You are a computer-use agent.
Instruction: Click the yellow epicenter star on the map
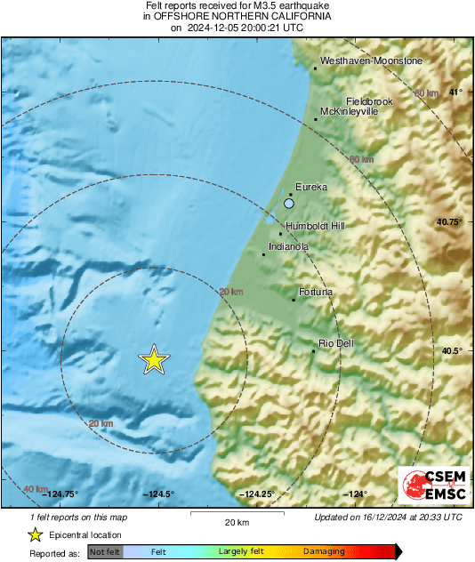point(154,359)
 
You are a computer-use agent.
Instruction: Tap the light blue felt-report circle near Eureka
point(288,204)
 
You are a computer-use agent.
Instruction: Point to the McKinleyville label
point(350,112)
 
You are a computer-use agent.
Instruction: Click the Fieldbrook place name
point(369,101)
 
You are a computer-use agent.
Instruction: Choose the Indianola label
point(289,246)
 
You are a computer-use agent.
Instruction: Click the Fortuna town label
point(316,292)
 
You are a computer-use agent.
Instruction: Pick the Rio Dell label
point(338,343)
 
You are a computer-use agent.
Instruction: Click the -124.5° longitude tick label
point(159,494)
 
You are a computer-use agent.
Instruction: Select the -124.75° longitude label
point(60,494)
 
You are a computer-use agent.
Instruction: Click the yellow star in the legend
point(35,534)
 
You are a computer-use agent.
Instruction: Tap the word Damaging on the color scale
point(324,551)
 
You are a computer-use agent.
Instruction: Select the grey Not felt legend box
point(106,552)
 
